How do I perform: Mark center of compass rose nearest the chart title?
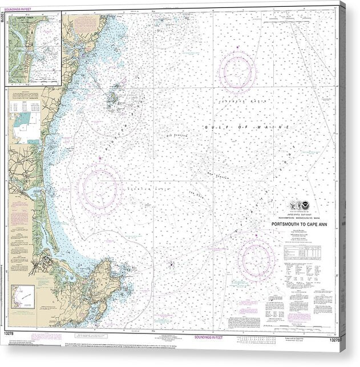click(x=257, y=259)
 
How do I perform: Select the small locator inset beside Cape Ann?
click(x=23, y=298)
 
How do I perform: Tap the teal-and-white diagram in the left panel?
click(x=25, y=126)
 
